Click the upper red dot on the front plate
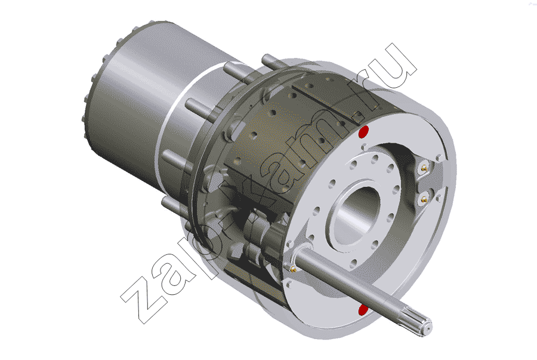(363, 131)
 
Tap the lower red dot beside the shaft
(363, 310)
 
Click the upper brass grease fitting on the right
(425, 168)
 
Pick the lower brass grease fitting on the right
(424, 198)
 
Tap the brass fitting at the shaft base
(293, 268)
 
